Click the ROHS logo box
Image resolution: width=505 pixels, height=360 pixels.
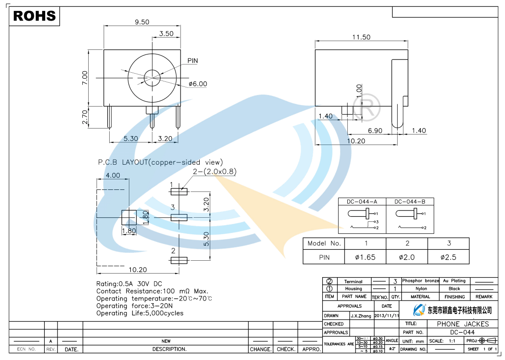tap(35, 16)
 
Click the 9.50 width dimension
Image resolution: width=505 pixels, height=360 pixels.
tap(142, 22)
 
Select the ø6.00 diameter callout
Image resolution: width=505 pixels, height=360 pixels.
tap(198, 84)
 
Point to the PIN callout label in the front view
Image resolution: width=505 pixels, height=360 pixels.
tap(192, 61)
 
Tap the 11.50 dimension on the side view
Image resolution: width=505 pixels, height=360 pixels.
tap(361, 38)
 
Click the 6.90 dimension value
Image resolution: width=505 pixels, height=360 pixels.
tap(375, 131)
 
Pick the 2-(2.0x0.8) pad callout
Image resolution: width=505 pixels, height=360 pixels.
tap(214, 172)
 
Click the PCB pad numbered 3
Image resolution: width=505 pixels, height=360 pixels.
tap(179, 217)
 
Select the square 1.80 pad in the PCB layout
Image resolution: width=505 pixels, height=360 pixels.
tap(129, 217)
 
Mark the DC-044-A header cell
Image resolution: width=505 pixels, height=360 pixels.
tap(362, 202)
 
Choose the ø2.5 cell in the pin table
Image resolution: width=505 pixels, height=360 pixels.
tap(448, 257)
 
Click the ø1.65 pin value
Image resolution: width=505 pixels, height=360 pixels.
tap(365, 257)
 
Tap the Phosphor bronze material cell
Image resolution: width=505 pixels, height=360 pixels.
tap(420, 281)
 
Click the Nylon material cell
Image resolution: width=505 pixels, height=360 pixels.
tap(421, 289)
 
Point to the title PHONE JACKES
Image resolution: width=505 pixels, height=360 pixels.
tap(462, 324)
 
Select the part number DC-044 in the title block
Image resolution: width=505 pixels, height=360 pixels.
tap(462, 332)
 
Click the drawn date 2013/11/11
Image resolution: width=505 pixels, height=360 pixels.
tap(387, 316)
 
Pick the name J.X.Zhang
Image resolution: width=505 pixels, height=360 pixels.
tap(361, 316)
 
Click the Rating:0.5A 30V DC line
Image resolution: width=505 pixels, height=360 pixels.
tap(129, 284)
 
